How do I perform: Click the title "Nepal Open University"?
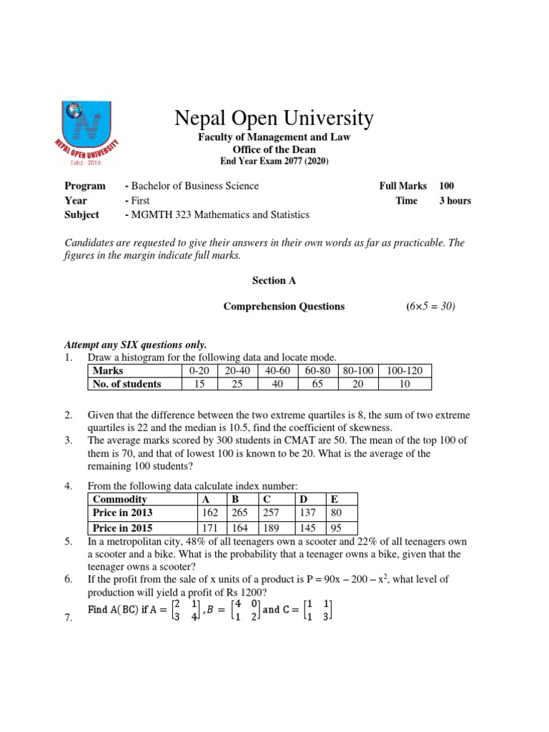tap(274, 118)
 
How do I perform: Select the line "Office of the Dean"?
tap(274, 149)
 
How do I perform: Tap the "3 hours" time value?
tap(455, 201)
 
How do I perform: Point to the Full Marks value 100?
tap(446, 186)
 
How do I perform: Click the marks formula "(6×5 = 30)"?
tap(430, 307)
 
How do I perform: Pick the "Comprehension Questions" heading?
tap(284, 307)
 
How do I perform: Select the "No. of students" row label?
tap(127, 384)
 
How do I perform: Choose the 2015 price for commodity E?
tap(335, 529)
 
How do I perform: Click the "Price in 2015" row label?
tap(122, 529)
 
